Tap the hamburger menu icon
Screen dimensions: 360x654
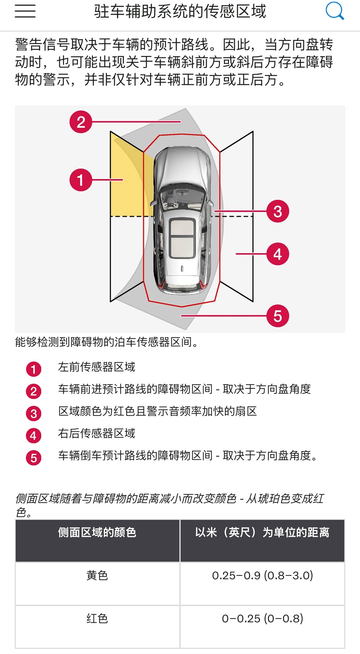(25, 11)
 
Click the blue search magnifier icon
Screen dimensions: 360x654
(335, 11)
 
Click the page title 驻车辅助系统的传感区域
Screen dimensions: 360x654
(180, 11)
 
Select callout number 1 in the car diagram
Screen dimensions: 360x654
(81, 180)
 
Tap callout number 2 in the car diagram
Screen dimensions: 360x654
(81, 122)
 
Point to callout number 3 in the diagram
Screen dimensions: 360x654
(278, 211)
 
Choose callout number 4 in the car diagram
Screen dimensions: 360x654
(278, 254)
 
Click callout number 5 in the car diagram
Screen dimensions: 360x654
(278, 316)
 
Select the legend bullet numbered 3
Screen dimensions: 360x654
(34, 413)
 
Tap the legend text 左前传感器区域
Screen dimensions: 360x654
(97, 367)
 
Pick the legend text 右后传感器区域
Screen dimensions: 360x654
(97, 433)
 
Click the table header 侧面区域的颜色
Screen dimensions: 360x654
(97, 532)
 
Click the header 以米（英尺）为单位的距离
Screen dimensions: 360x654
(262, 532)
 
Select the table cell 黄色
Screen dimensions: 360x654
(97, 575)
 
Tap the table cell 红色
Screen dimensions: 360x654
(97, 618)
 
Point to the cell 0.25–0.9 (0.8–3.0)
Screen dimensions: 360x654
(262, 575)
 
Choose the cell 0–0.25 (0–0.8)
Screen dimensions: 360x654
(262, 618)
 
